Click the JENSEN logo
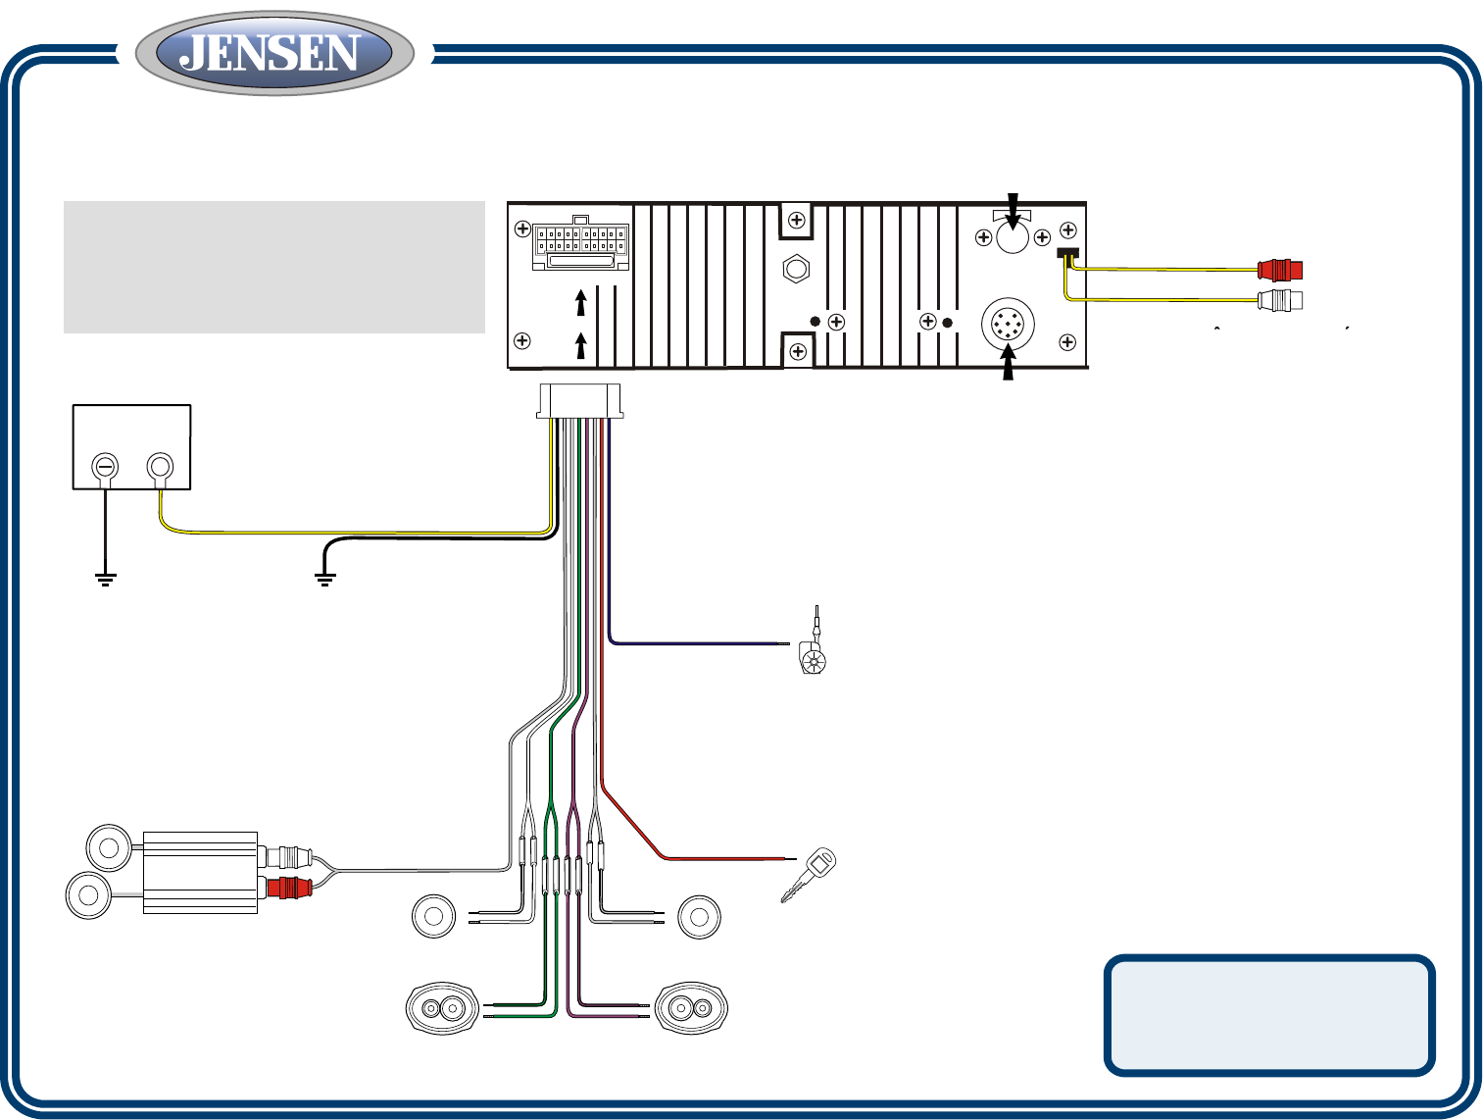point(274,53)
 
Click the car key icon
point(809,874)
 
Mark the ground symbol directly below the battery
point(105,578)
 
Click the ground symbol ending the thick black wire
point(324,578)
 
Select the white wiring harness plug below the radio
point(580,400)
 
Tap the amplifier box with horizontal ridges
point(200,873)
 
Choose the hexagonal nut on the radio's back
point(796,270)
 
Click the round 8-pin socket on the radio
point(1008,325)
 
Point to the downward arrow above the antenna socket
point(1013,209)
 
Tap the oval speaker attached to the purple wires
point(689,1008)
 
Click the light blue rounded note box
point(1269,1014)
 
